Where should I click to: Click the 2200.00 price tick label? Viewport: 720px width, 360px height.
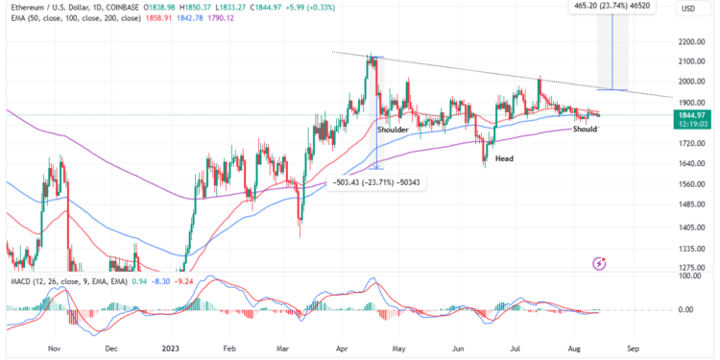click(x=689, y=41)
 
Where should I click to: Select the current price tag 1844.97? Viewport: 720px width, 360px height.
click(x=691, y=114)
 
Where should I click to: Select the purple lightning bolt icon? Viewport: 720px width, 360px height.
click(x=600, y=262)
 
